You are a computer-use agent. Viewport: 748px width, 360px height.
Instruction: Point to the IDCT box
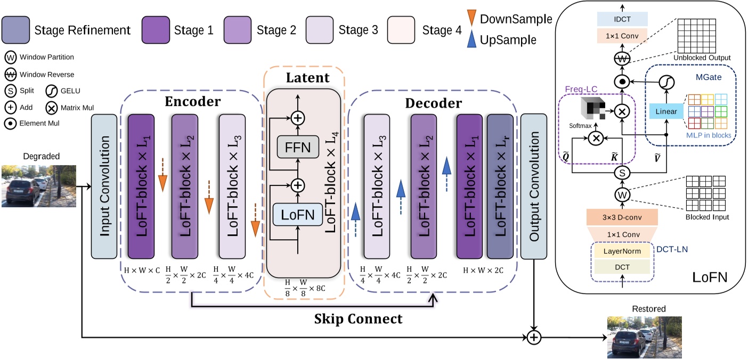(621, 19)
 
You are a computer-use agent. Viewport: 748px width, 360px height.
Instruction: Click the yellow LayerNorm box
(622, 250)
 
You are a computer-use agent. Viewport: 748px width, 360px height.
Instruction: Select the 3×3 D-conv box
(622, 217)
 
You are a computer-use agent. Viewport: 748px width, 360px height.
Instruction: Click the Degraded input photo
(38, 186)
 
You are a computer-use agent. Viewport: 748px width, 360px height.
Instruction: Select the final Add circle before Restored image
(533, 337)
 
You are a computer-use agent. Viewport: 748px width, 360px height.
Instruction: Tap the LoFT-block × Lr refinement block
(501, 187)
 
